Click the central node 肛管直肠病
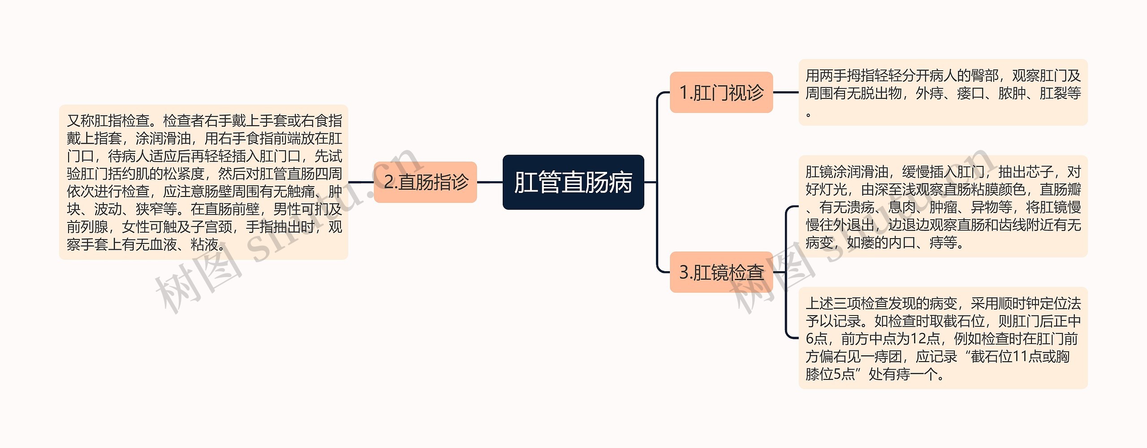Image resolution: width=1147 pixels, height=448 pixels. click(573, 182)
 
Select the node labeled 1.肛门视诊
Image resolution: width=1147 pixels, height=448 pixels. click(721, 93)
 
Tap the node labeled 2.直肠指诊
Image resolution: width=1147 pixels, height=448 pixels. click(425, 182)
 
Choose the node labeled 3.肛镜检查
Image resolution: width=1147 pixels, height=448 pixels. click(721, 272)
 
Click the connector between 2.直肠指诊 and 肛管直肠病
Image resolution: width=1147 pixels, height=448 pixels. click(490, 182)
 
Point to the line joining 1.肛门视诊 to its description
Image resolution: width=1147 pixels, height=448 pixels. click(786, 93)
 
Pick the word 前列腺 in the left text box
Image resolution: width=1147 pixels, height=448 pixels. click(87, 227)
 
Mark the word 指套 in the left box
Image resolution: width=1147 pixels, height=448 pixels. click(108, 138)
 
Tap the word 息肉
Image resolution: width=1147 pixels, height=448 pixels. click(902, 207)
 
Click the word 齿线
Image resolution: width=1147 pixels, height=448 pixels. click(1012, 225)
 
